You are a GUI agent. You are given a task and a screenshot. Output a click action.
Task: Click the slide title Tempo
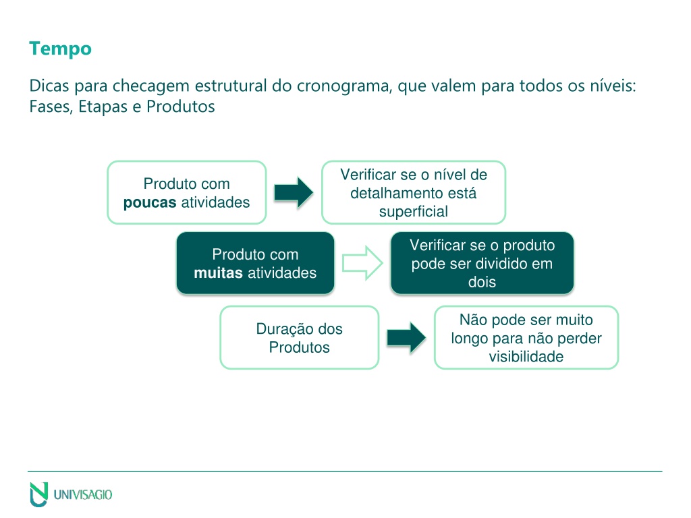point(60,49)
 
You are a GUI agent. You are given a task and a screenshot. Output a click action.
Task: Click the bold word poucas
point(150,202)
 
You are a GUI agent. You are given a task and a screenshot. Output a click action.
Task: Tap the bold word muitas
point(218,273)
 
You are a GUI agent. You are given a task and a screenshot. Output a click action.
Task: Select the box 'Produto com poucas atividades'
point(187,192)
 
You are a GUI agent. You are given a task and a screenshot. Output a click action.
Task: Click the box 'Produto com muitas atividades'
point(255,264)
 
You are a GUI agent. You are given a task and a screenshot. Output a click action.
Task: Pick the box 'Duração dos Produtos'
point(299,338)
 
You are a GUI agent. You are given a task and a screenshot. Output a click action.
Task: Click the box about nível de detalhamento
point(414,192)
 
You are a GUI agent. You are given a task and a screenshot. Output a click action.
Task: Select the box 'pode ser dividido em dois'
point(482,264)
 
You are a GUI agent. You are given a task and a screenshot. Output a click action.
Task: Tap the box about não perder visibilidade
point(526,338)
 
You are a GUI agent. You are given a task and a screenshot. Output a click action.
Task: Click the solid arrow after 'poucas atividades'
point(294,192)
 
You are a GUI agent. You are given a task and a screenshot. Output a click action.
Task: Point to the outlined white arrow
point(362,264)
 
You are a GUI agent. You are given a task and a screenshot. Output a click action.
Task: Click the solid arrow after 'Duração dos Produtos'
point(406,338)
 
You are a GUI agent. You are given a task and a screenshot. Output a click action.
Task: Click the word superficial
point(414,212)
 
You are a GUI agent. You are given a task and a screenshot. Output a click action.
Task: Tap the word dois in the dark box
point(482,282)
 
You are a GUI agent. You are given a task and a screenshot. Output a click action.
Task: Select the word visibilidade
point(526,356)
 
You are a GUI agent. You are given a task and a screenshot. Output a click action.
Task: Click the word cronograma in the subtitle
point(343,86)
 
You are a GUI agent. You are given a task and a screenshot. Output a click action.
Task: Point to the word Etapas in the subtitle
point(103,107)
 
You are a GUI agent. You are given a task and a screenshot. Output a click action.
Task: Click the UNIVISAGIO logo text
point(83,494)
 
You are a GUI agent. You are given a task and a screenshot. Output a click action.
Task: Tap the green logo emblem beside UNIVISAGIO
point(38,494)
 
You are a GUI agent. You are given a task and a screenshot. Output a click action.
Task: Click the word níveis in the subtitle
point(614,86)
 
